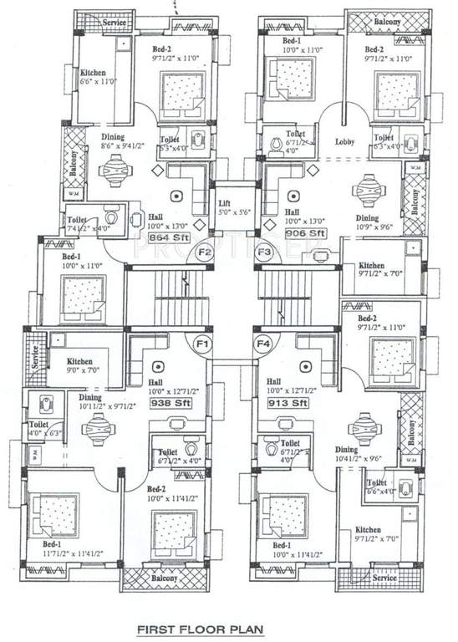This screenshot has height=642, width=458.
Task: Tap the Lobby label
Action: coord(345,142)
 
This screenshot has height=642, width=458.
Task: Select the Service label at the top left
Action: coord(114,23)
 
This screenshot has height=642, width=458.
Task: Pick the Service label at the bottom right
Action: coord(384,578)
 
